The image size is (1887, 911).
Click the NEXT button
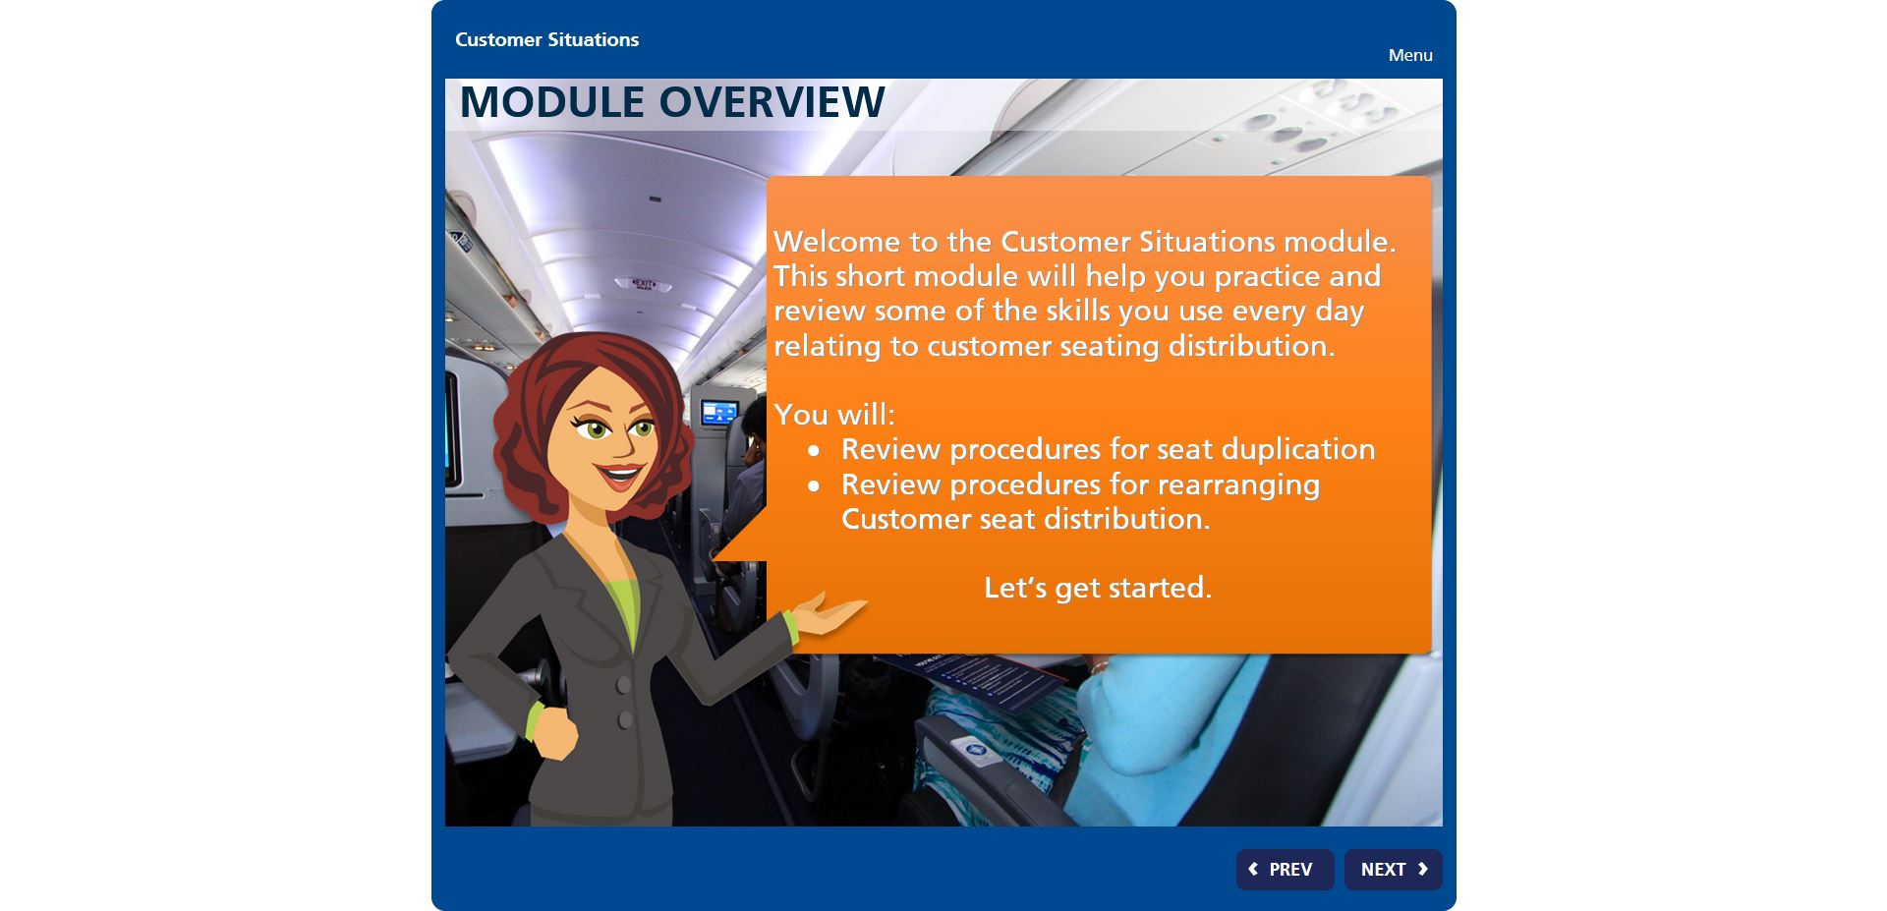tap(1393, 870)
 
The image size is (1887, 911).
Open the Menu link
tap(1410, 55)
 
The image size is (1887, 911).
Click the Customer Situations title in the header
tap(546, 39)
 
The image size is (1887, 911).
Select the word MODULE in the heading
tap(552, 102)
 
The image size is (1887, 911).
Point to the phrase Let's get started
tap(1098, 588)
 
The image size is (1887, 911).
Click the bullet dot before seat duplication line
tap(814, 451)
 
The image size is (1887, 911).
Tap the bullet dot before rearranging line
tap(814, 486)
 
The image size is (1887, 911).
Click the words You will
tap(834, 415)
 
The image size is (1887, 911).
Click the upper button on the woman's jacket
tap(623, 685)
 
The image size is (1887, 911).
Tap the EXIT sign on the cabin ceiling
tap(644, 284)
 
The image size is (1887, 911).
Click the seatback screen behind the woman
tap(718, 413)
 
